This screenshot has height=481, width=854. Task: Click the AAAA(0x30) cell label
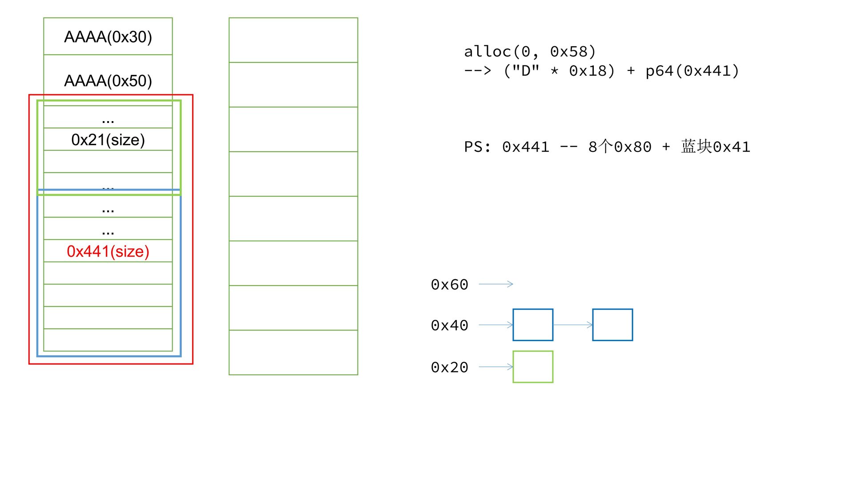[x=108, y=37]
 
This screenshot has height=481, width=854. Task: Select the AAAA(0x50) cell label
[x=108, y=81]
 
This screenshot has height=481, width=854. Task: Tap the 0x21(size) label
[x=108, y=140]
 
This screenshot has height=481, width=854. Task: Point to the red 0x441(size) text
[x=108, y=252]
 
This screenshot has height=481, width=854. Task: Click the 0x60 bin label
[x=449, y=285]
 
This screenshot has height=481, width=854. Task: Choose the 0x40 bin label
[x=449, y=326]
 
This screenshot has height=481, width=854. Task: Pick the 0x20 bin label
[x=449, y=367]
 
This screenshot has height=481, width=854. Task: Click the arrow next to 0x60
[x=496, y=284]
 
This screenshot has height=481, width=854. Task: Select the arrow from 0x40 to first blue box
[x=496, y=325]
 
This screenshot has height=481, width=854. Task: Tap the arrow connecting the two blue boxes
[x=573, y=325]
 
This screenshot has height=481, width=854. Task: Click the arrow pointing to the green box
[x=496, y=367]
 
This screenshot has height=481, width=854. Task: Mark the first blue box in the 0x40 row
[x=533, y=325]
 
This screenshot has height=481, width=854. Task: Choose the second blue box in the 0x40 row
[x=612, y=325]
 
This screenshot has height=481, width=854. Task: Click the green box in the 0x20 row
[x=533, y=367]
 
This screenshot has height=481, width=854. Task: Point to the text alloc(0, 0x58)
[x=530, y=52]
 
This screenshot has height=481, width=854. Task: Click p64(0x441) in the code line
[x=692, y=71]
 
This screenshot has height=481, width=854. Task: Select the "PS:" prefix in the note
[x=477, y=147]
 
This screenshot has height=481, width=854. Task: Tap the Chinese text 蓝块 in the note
[x=696, y=147]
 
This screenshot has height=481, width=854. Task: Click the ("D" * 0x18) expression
[x=559, y=71]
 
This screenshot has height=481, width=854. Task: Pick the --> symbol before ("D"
[x=477, y=71]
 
